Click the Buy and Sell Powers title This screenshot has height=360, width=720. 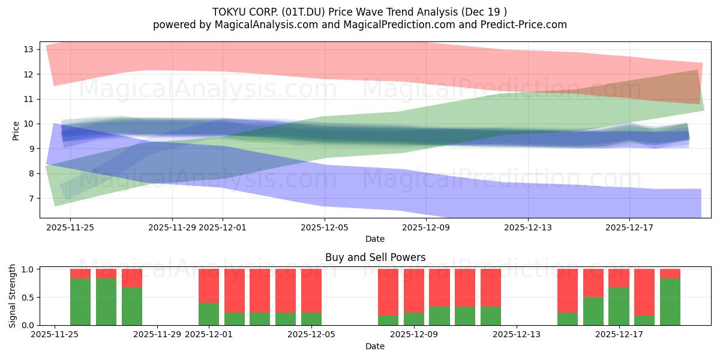pyautogui.click(x=375, y=257)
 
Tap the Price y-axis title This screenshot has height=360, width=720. pyautogui.click(x=16, y=130)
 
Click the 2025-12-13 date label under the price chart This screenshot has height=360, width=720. pyautogui.click(x=528, y=227)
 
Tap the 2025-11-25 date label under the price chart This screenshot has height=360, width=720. pyautogui.click(x=70, y=227)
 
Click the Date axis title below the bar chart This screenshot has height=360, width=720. pyautogui.click(x=375, y=346)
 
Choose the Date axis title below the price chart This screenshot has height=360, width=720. pyautogui.click(x=375, y=239)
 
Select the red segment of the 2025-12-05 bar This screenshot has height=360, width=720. pyautogui.click(x=311, y=291)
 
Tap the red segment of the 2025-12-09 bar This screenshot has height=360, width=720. pyautogui.click(x=414, y=291)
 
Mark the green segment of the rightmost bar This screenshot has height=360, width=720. pyautogui.click(x=670, y=302)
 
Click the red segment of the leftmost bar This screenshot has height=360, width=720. pyautogui.click(x=80, y=274)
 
